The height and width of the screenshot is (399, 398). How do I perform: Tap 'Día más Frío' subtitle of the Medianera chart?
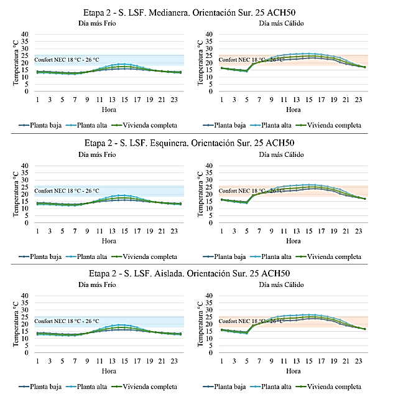click(100, 23)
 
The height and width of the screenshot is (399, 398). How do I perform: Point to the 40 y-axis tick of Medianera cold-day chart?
click(25, 34)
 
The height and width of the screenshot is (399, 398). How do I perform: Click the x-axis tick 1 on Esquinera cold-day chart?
click(37, 230)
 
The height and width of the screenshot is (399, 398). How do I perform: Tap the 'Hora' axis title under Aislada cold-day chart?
click(109, 371)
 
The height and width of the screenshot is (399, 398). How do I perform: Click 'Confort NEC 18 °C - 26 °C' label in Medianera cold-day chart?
click(67, 60)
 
